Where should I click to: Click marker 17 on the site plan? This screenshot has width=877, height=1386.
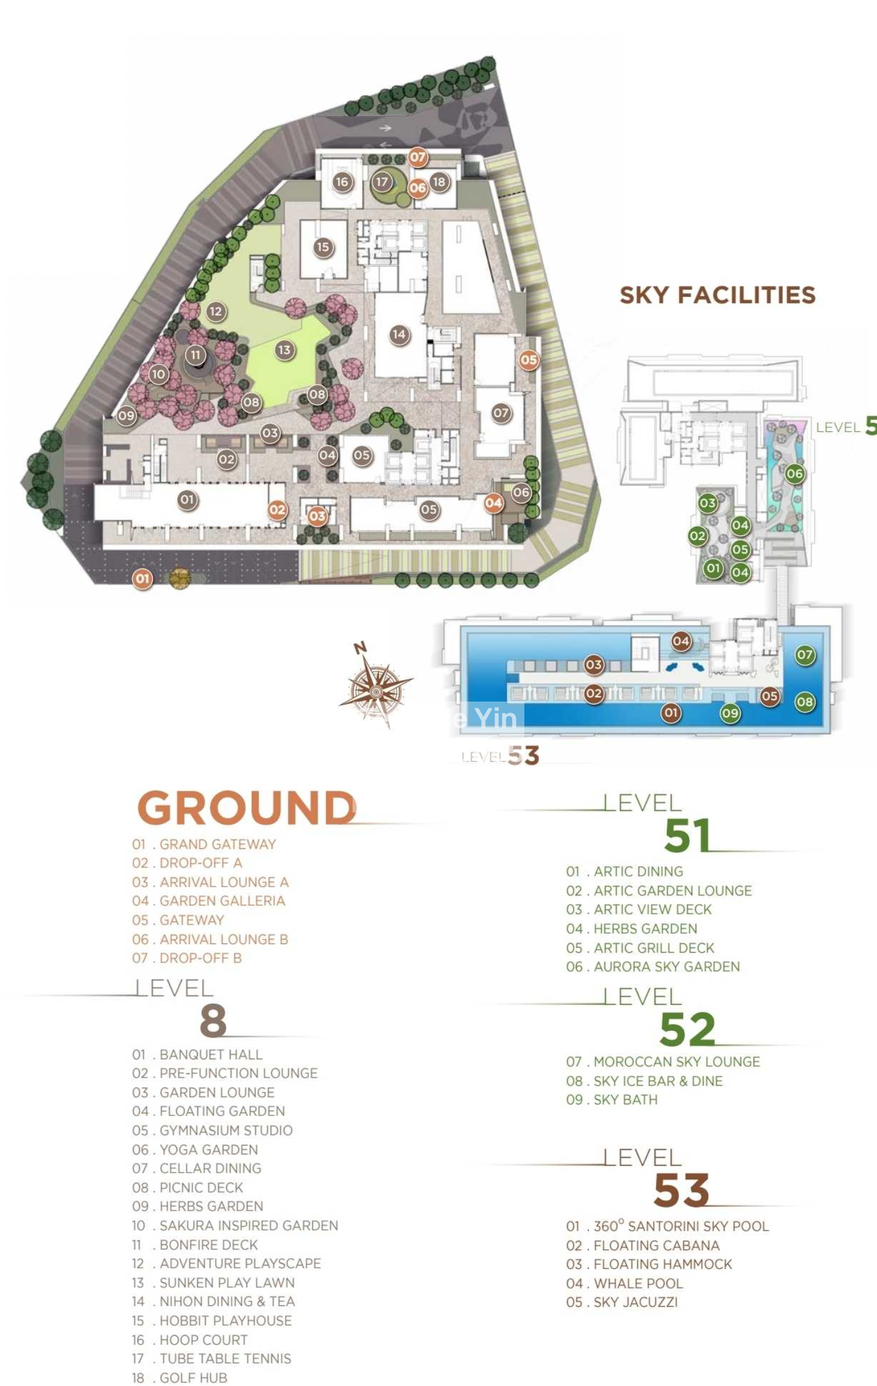click(x=382, y=182)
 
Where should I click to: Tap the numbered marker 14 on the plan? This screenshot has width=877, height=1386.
click(x=399, y=334)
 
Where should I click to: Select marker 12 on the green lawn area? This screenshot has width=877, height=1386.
click(x=216, y=311)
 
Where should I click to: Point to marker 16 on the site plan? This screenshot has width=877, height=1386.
click(x=342, y=182)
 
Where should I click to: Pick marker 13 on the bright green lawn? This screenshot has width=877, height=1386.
click(x=284, y=350)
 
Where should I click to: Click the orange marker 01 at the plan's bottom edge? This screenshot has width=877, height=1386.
click(x=143, y=578)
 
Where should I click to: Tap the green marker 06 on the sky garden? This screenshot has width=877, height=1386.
click(x=794, y=474)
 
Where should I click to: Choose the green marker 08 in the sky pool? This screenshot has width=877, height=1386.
click(x=805, y=702)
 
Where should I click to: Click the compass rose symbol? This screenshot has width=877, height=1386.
click(x=376, y=692)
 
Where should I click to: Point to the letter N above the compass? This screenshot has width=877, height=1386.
click(x=361, y=647)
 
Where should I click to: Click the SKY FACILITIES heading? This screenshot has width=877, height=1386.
click(x=717, y=295)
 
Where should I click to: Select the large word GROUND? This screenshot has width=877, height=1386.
click(x=247, y=808)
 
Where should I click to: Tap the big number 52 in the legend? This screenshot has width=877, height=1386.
click(x=688, y=1029)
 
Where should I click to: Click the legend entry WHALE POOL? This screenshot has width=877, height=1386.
click(x=638, y=1283)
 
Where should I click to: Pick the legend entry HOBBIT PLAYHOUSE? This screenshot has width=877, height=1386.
click(x=225, y=1320)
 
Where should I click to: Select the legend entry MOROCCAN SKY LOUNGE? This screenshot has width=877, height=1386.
click(x=676, y=1061)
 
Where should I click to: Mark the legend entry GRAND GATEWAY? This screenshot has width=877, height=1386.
click(x=217, y=844)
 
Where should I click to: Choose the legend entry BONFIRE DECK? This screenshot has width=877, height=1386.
click(x=208, y=1244)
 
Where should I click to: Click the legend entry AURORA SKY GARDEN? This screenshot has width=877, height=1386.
click(x=666, y=966)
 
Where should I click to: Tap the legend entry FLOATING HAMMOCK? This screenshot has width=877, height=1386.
click(x=663, y=1263)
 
